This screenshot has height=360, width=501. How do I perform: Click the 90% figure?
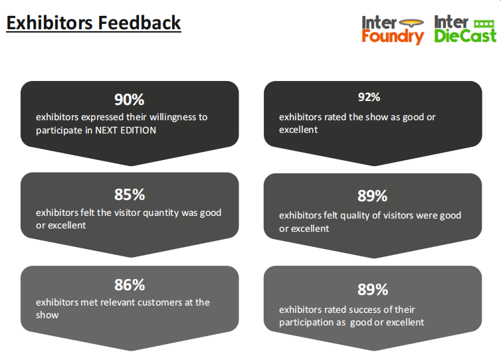[x=130, y=100]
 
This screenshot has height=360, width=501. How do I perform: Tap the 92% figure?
[x=369, y=97]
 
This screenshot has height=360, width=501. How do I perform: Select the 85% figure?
[x=130, y=195]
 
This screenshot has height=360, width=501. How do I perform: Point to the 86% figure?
[x=130, y=285]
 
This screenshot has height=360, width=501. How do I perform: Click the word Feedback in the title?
[x=140, y=23]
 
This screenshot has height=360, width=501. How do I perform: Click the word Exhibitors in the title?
[x=50, y=23]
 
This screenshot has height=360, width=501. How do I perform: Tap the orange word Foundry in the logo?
[x=393, y=37]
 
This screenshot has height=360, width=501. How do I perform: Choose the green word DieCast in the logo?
[x=465, y=36]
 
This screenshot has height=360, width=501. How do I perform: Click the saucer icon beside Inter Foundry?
[x=411, y=23]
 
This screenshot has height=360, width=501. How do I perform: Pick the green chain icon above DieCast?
[x=484, y=24]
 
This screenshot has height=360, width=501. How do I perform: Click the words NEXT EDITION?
[x=126, y=130]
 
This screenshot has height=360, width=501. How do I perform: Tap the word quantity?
[x=161, y=213]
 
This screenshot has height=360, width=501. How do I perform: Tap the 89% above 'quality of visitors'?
[x=372, y=196]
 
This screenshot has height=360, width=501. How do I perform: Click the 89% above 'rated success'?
[x=373, y=290]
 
